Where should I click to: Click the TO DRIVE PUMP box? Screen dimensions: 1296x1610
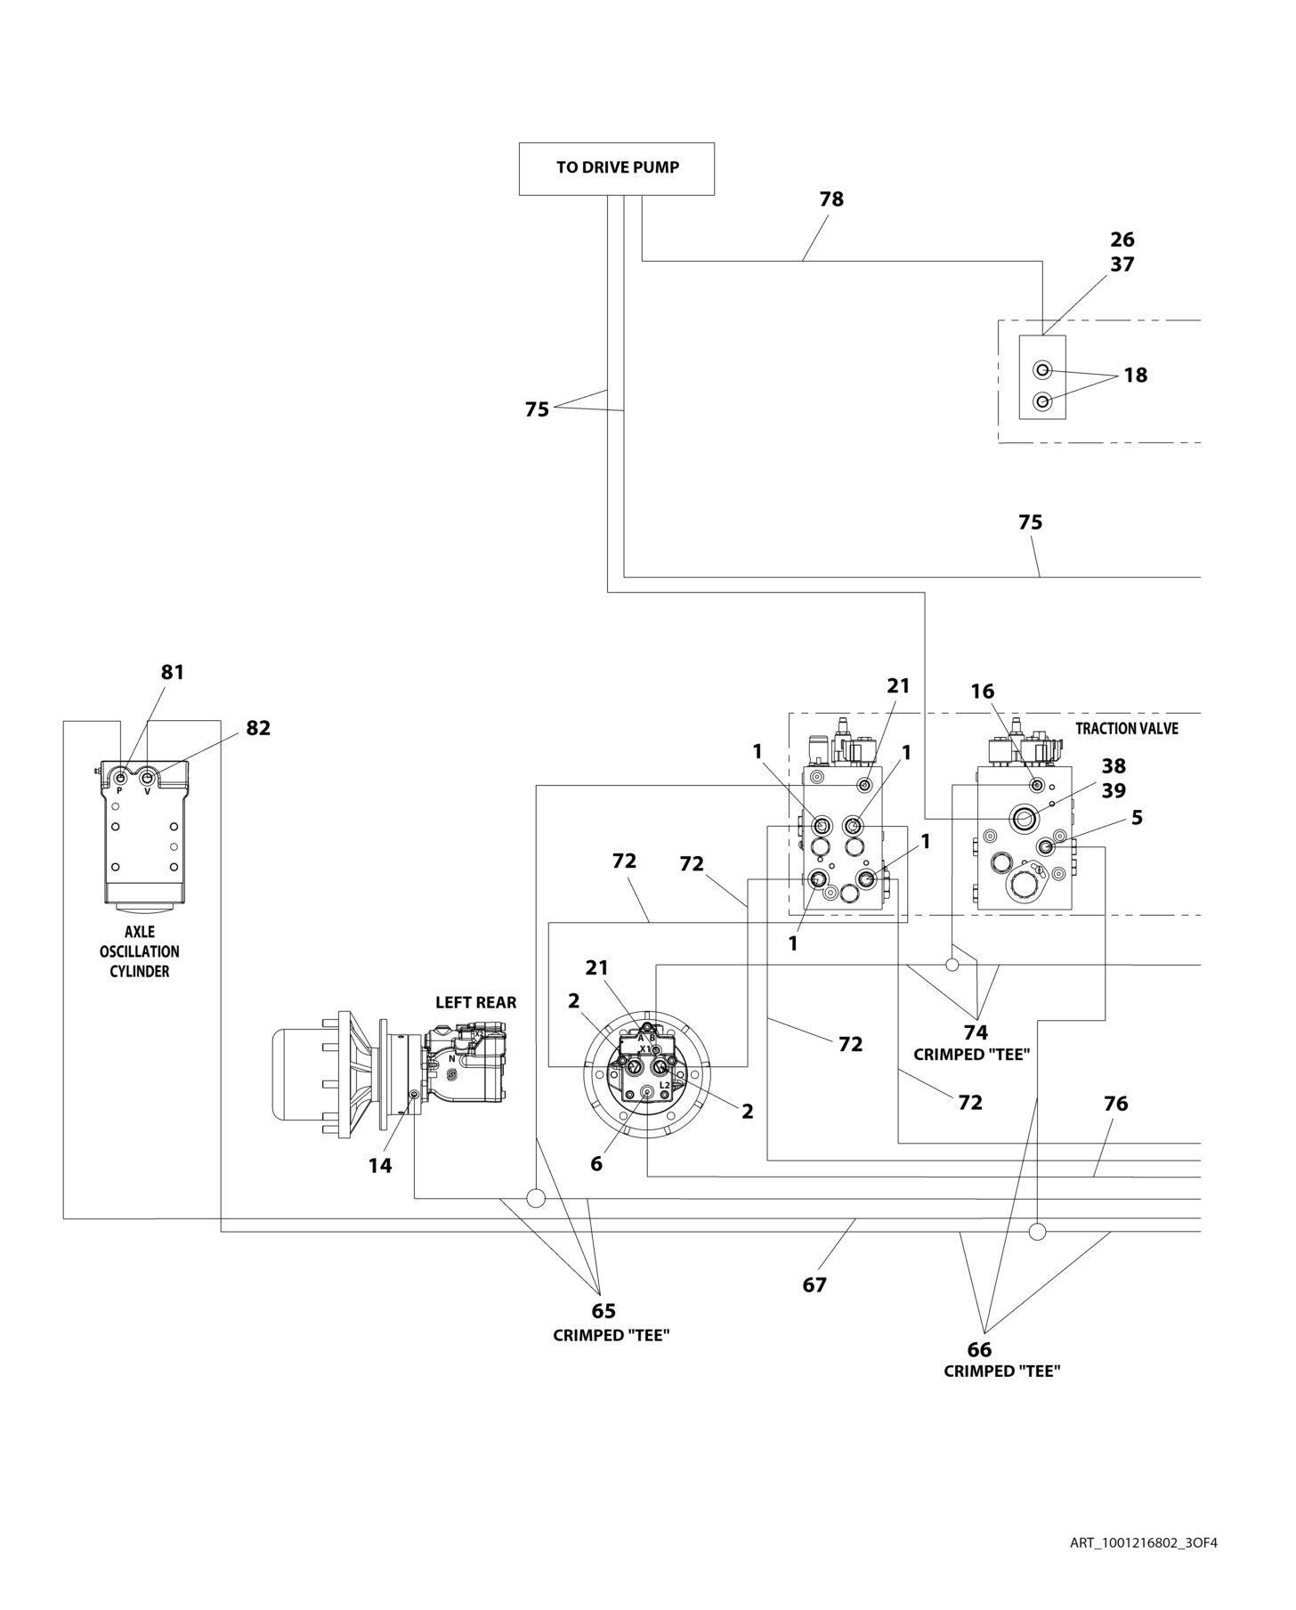616,168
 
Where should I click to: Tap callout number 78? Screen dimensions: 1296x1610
831,199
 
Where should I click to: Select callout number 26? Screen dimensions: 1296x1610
1122,239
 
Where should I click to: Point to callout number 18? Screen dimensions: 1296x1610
1135,375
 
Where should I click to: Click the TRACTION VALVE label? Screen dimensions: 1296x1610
1126,728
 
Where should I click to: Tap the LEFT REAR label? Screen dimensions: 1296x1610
475,1002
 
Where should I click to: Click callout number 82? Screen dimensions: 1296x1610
258,728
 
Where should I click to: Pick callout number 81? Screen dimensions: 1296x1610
173,672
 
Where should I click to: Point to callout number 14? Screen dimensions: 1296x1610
380,1165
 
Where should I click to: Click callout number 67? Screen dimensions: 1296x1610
814,1284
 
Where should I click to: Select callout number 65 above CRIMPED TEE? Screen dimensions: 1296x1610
603,1311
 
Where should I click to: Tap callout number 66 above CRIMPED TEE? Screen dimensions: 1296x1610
979,1349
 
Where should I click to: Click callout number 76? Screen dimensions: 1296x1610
1115,1104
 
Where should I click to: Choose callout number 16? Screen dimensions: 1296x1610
983,692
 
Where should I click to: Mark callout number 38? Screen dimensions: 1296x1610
1114,765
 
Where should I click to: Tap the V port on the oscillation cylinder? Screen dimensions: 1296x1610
148,780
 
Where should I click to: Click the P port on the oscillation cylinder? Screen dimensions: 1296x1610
121,780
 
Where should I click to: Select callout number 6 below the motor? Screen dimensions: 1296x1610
596,1163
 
